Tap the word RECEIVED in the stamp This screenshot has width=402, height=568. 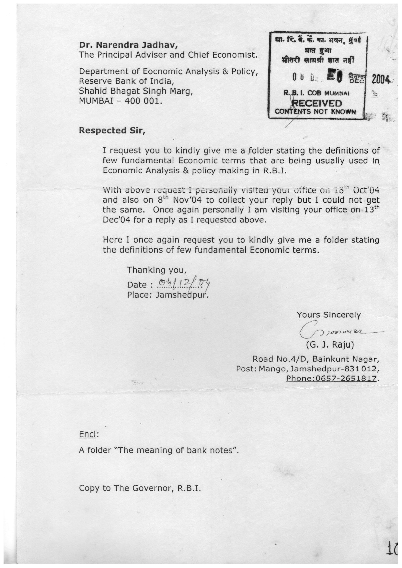click(x=317, y=104)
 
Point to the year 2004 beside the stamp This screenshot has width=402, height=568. click(x=381, y=79)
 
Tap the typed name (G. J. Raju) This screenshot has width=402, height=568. click(x=330, y=345)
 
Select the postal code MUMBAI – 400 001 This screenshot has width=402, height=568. click(x=120, y=101)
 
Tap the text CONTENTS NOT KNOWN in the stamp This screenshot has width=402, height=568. click(x=315, y=112)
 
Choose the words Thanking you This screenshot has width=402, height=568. click(x=156, y=270)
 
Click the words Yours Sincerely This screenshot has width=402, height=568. click(x=328, y=315)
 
